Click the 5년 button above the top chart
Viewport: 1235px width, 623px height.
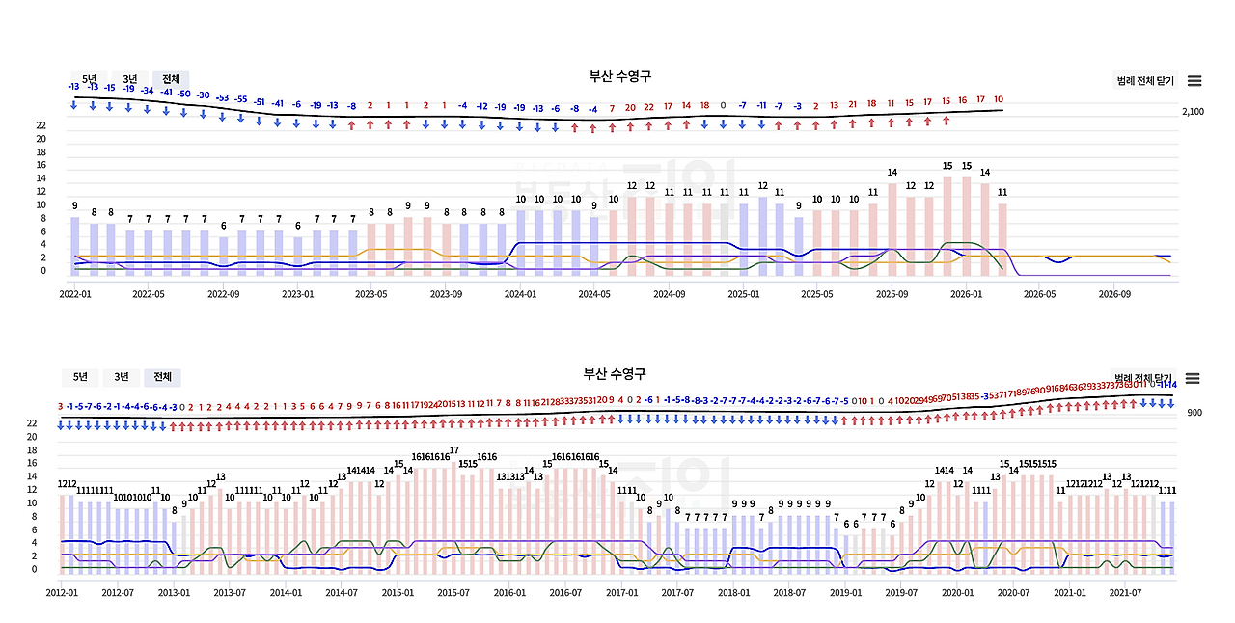click(x=89, y=78)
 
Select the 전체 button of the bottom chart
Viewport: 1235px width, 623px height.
click(x=162, y=377)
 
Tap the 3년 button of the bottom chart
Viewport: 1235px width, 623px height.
click(x=122, y=377)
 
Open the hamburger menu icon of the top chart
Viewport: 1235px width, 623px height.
click(x=1194, y=81)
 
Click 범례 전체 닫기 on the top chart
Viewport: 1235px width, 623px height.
click(x=1145, y=81)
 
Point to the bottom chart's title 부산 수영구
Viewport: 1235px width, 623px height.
click(x=615, y=373)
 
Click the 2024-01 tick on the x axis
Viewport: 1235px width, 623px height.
click(x=521, y=293)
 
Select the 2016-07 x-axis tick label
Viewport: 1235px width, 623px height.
click(x=564, y=592)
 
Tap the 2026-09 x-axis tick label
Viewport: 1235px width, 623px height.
click(x=1113, y=293)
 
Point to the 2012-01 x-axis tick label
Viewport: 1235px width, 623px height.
click(x=63, y=592)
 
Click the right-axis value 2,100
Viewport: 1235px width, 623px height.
click(x=1193, y=112)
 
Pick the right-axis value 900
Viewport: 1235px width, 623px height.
click(x=1194, y=413)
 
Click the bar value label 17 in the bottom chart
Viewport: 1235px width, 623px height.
click(x=454, y=450)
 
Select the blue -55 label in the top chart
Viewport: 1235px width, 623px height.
click(x=241, y=99)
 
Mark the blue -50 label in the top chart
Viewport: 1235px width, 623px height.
click(x=183, y=93)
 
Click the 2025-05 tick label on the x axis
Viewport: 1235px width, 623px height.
click(x=817, y=293)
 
